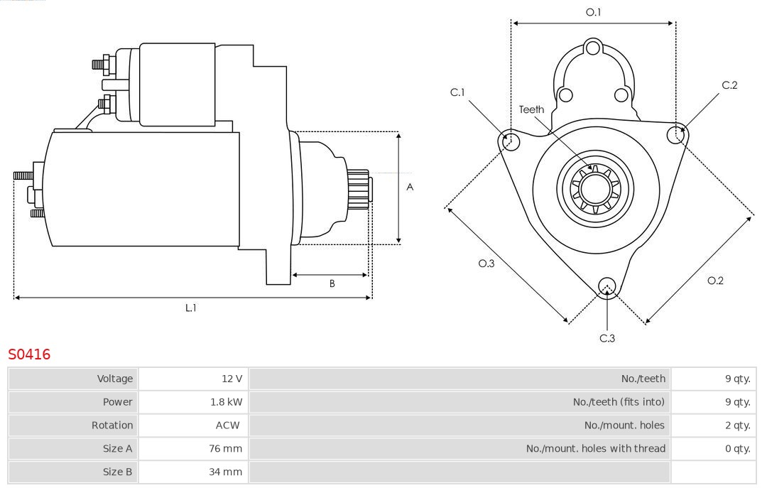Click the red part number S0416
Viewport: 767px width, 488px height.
[29, 354]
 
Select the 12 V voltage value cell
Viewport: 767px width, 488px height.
[232, 379]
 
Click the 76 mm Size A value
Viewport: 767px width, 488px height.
[227, 449]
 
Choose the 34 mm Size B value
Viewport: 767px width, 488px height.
[227, 472]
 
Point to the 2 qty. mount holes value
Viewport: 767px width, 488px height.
[736, 425]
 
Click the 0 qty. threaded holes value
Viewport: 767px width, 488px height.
[736, 449]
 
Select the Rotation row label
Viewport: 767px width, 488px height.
[111, 425]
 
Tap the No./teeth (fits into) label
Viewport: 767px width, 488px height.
[619, 402]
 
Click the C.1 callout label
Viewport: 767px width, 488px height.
[457, 92]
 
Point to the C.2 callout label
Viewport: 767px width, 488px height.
[729, 85]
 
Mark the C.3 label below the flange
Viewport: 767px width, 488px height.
[607, 338]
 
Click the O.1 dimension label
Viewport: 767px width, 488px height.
[593, 12]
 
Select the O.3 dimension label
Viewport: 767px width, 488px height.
[486, 264]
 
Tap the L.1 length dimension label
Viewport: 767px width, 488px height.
[191, 308]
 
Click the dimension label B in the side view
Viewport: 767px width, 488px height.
[332, 283]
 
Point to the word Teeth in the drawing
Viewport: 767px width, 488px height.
[531, 109]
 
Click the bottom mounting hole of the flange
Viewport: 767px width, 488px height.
[606, 286]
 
